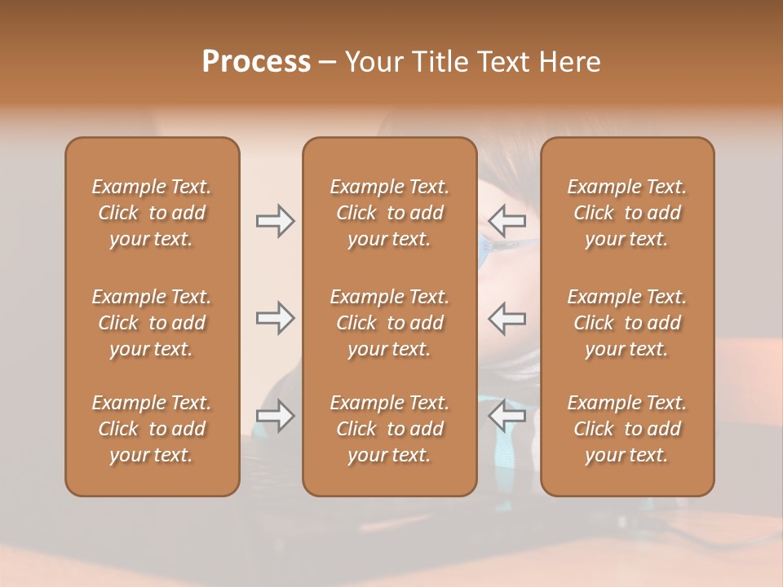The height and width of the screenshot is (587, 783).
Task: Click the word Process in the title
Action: tap(256, 62)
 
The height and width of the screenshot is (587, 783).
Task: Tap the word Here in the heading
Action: tap(570, 62)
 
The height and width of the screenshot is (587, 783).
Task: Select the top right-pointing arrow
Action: tap(276, 220)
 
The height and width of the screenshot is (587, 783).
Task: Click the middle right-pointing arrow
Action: tap(276, 317)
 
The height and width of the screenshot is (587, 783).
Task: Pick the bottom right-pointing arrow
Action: tap(276, 416)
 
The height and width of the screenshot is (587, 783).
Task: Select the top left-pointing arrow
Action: tap(507, 220)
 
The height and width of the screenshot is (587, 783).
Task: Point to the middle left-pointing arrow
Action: tap(507, 317)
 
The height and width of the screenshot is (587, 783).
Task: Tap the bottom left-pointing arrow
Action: tap(507, 416)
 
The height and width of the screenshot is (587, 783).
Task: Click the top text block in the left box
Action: tap(152, 213)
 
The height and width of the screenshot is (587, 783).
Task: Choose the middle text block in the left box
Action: tap(152, 323)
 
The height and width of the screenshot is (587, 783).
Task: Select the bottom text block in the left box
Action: tap(152, 429)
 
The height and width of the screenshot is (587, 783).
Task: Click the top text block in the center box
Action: tap(390, 213)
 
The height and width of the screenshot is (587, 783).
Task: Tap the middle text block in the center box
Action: tap(390, 323)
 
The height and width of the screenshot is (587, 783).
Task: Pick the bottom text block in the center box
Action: tap(390, 429)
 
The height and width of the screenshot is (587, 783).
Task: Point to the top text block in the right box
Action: tap(627, 213)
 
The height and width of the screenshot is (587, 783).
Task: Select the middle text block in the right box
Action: tap(627, 323)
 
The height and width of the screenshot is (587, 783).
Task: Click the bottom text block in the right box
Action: tap(627, 429)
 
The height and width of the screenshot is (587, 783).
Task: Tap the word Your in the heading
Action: tap(373, 62)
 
